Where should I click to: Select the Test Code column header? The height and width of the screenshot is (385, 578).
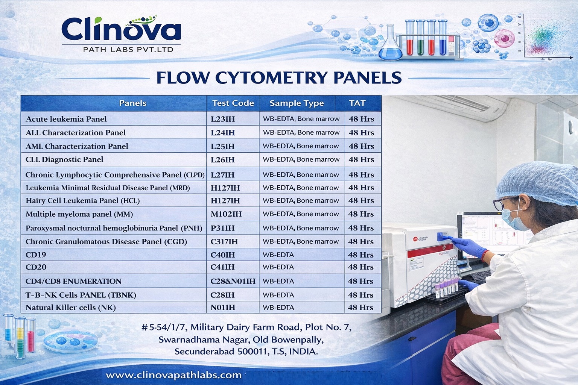233,103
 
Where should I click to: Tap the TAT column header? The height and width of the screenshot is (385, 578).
357,103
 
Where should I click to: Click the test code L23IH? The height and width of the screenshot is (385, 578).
223,119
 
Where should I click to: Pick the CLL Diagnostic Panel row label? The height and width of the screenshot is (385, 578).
64,159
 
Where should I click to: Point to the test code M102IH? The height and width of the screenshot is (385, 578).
226,214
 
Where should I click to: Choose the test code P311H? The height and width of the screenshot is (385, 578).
222,228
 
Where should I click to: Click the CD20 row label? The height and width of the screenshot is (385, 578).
36,267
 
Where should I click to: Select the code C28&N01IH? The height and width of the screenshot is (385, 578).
233,281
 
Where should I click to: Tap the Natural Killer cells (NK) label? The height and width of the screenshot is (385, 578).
70,308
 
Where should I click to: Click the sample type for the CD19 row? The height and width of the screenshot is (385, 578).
278,255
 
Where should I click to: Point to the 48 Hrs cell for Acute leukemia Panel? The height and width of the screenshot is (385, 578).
361,119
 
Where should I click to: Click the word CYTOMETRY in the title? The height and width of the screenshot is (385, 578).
271,77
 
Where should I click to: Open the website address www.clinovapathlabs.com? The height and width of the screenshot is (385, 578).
173,375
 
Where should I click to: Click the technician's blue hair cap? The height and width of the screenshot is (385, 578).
537,182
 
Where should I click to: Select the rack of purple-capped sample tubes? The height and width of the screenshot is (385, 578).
446,291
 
